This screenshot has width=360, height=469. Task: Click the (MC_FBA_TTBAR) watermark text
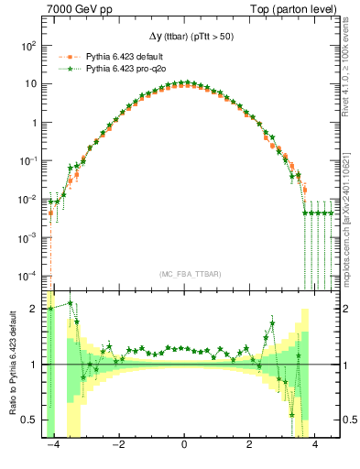click(x=184, y=274)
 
